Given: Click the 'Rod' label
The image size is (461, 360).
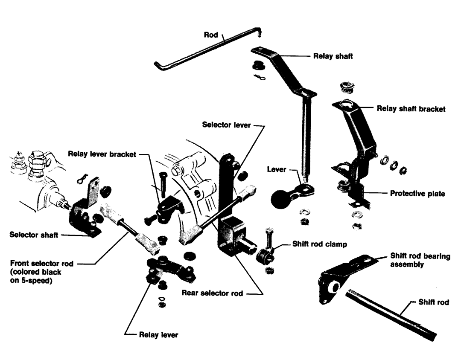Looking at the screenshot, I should coord(211,35).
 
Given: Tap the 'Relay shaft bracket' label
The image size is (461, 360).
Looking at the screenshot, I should coord(411,109).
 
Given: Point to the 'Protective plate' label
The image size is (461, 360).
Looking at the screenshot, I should coord(417,194).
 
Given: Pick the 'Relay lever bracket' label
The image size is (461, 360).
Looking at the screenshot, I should coord(102,154).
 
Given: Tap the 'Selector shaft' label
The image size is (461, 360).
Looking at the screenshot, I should coord(34,235).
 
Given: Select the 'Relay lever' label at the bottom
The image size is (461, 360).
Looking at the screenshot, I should coord(158,334).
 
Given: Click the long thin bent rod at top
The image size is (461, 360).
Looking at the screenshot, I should coord(205,49).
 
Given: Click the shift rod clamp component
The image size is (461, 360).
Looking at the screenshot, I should coord(265,255).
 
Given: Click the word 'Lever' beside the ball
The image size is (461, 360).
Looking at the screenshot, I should coord(277,169).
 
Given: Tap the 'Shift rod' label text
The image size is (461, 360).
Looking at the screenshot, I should coord(434,302).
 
